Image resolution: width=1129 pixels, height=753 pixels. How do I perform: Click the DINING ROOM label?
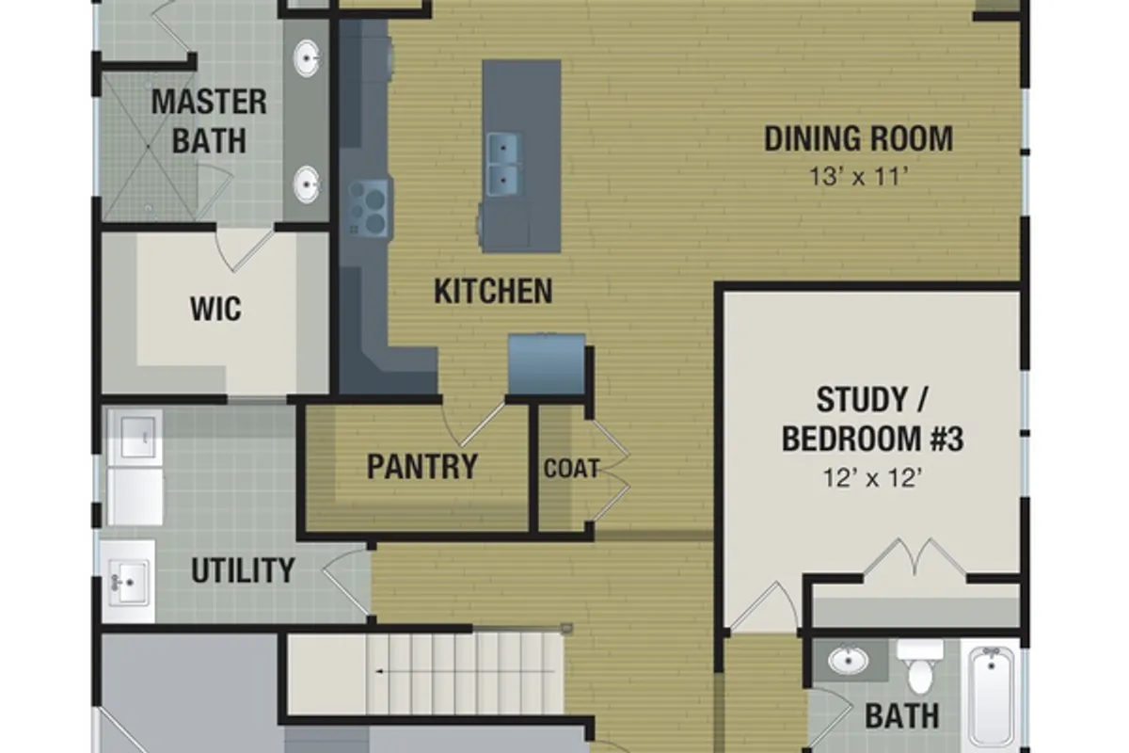(858, 138)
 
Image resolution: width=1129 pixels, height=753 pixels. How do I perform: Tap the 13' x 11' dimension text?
(858, 177)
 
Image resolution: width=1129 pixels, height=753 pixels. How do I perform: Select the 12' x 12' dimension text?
(872, 477)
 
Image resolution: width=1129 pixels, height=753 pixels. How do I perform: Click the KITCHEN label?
(493, 291)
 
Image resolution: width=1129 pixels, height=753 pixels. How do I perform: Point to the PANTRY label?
(422, 467)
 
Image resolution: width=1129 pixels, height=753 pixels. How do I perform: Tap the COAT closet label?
(572, 469)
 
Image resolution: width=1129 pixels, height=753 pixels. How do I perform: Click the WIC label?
(215, 309)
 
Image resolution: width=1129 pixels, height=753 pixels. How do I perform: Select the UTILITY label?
(243, 570)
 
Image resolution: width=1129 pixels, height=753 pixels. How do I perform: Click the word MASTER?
(209, 102)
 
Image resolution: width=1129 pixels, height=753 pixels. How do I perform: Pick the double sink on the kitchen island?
(503, 164)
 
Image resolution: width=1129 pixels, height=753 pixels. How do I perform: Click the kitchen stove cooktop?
(368, 208)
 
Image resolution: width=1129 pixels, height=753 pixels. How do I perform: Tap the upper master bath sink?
(306, 58)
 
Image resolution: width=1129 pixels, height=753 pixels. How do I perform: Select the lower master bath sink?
(306, 184)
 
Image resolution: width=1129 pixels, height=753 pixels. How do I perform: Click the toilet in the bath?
(920, 665)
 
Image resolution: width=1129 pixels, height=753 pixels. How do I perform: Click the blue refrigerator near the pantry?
(547, 363)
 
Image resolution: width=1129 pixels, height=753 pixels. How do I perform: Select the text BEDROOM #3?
(872, 439)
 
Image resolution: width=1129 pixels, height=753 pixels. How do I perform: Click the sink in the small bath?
(849, 660)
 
